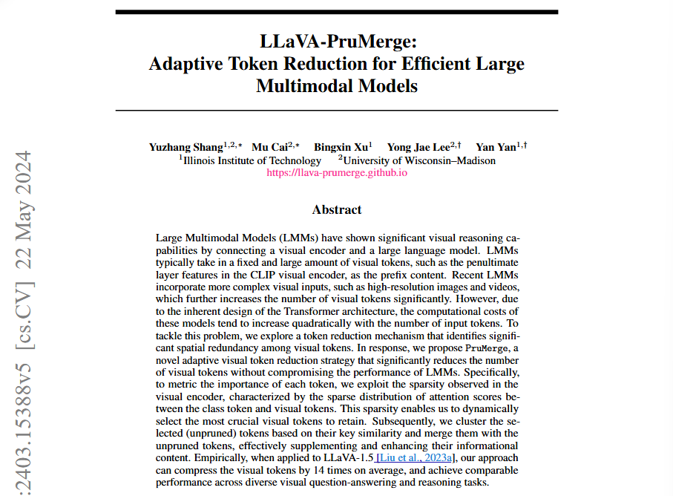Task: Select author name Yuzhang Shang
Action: [186, 147]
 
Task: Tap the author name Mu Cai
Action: [270, 147]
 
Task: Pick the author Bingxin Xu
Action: [340, 147]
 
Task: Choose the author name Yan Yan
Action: [496, 147]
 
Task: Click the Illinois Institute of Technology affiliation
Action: [252, 160]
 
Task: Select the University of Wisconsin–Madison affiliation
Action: [419, 160]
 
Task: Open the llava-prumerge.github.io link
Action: [336, 172]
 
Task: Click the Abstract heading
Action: [337, 210]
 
